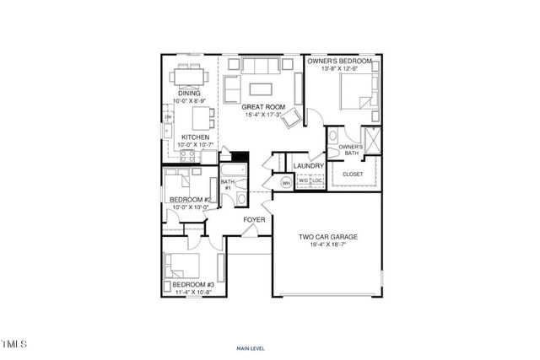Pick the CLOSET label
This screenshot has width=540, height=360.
(353, 175)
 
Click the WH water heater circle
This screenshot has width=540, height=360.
(285, 183)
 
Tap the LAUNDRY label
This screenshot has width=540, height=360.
(309, 166)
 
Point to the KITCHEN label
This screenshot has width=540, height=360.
(195, 137)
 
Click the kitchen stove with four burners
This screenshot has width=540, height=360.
(186, 156)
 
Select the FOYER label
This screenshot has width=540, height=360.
(255, 220)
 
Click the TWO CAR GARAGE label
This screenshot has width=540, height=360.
(328, 238)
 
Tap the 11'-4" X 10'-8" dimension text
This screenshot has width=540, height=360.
(194, 293)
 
